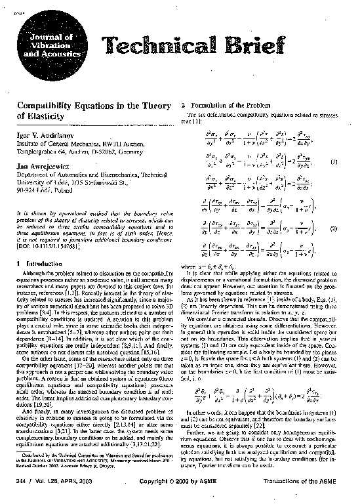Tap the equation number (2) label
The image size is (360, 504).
click(334, 230)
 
